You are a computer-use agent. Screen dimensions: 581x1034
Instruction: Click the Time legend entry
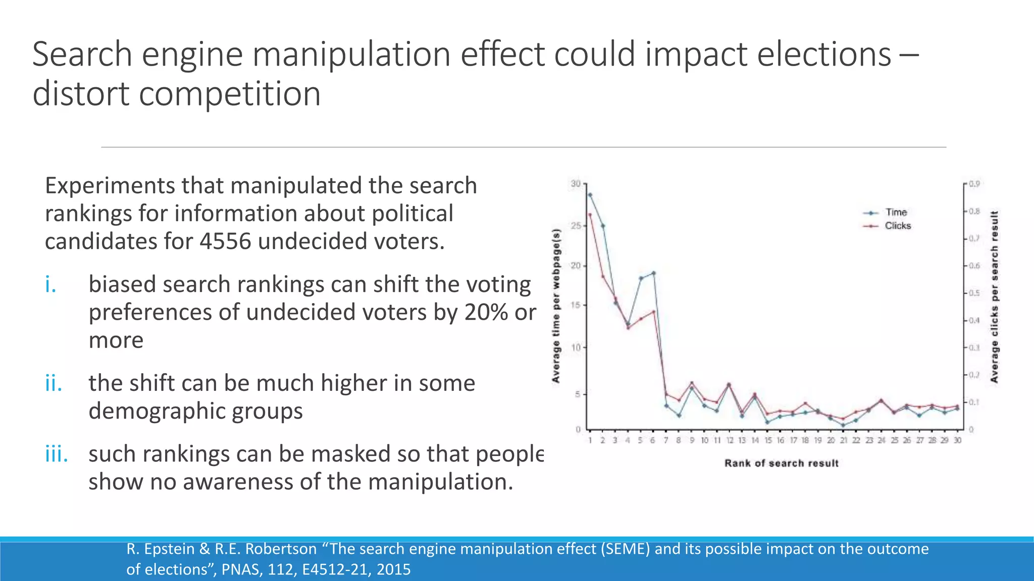click(896, 212)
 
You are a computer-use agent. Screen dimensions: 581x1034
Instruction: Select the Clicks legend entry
click(898, 226)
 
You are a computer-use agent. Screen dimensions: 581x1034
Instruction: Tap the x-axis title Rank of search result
click(781, 463)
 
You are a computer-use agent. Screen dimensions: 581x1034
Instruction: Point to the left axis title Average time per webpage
click(556, 306)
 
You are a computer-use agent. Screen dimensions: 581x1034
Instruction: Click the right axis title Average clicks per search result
click(994, 297)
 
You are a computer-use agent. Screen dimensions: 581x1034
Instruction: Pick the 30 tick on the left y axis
click(576, 184)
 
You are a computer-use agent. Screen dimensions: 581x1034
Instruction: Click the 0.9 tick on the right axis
click(974, 184)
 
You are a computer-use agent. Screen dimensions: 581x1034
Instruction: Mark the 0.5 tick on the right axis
click(974, 293)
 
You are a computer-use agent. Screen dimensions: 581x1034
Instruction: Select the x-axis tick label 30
click(957, 440)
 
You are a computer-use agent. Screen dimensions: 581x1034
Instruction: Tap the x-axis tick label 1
click(590, 440)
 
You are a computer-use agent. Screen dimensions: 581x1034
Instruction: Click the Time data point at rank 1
click(590, 195)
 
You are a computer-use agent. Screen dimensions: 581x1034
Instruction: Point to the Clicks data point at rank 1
click(590, 215)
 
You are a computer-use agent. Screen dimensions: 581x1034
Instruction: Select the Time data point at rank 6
click(653, 273)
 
